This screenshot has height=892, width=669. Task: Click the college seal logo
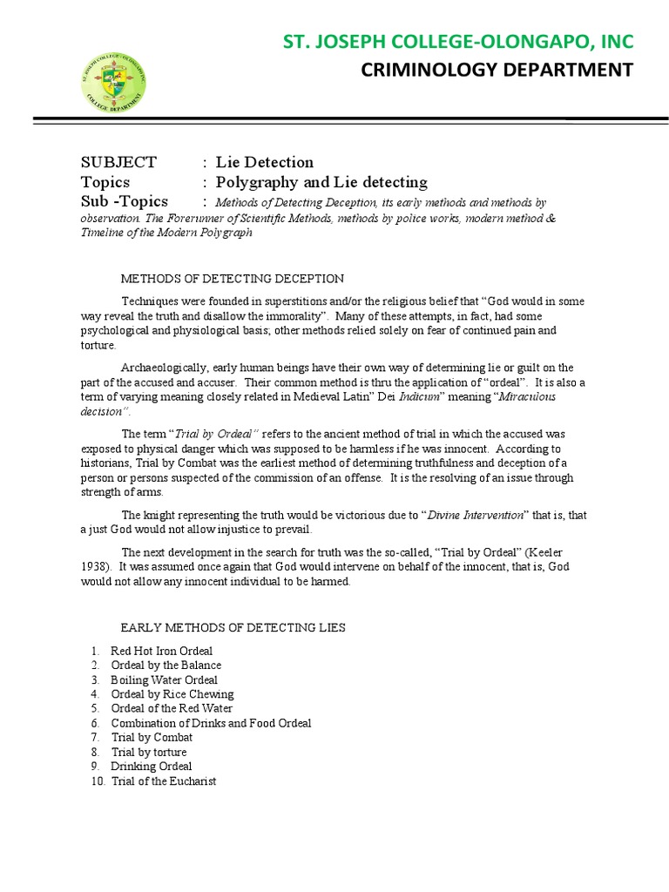click(113, 83)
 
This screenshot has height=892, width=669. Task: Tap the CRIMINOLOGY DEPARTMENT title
click(497, 70)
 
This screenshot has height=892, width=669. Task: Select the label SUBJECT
click(118, 162)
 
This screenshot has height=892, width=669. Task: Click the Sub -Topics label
click(125, 202)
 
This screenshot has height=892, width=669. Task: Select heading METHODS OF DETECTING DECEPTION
click(232, 279)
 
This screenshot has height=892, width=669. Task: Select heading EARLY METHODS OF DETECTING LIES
click(233, 627)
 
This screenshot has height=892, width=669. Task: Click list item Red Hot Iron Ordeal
click(162, 651)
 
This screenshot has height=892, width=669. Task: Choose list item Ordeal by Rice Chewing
click(172, 694)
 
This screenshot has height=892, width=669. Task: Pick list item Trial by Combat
click(152, 737)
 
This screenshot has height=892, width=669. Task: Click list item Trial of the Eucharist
click(164, 780)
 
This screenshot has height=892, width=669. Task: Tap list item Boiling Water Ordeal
click(165, 679)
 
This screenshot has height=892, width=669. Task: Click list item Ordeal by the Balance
click(166, 666)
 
